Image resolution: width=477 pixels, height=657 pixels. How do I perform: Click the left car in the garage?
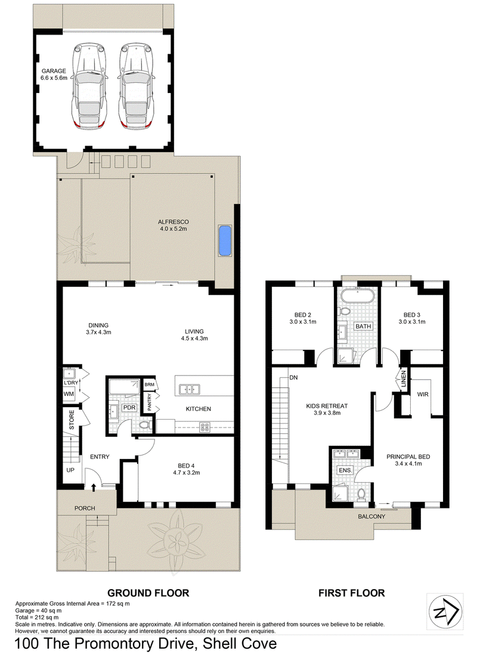click(89, 85)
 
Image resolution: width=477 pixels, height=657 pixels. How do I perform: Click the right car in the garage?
click(136, 85)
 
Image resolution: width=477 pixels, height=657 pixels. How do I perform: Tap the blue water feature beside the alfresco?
click(225, 241)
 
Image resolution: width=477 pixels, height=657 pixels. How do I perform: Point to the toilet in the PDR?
click(145, 425)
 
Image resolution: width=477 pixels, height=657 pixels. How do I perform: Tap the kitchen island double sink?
click(190, 389)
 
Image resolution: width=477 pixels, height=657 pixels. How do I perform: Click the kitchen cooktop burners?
click(205, 427)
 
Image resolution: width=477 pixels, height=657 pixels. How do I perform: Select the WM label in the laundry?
click(69, 394)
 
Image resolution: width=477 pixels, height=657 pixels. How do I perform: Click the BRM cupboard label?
click(149, 384)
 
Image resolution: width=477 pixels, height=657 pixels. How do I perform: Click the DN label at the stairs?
click(293, 377)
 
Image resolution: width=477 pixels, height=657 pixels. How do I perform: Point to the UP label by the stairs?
click(70, 470)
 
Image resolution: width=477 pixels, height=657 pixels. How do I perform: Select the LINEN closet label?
click(404, 378)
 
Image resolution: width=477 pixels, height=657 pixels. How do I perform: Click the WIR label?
click(423, 394)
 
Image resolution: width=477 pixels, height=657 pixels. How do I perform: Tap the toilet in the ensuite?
click(361, 494)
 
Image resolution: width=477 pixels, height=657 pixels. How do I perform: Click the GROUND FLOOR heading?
click(148, 593)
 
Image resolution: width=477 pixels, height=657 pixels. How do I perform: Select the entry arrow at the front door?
click(94, 486)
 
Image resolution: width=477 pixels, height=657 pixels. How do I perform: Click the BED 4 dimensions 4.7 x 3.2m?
click(187, 473)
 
